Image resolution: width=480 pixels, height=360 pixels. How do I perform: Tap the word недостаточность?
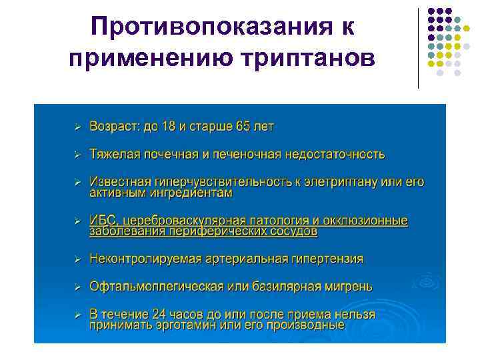335,154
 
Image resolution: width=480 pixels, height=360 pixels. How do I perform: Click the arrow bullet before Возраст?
77,126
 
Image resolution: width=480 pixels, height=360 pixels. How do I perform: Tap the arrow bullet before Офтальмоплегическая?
77,286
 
